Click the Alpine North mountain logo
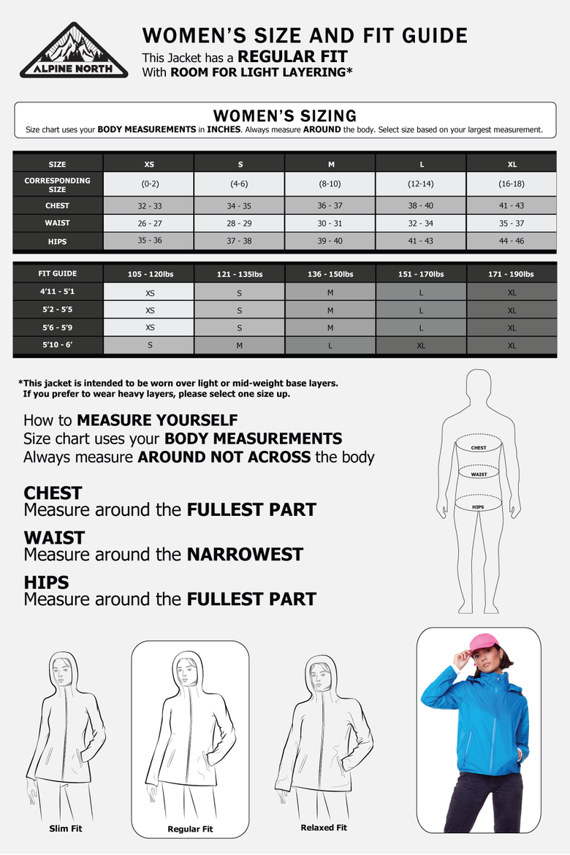74,50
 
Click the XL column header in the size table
512,164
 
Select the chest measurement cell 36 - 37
330,205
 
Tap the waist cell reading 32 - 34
420,223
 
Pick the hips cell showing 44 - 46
512,240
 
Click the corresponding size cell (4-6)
239,183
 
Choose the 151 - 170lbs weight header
421,274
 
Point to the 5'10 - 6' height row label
57,345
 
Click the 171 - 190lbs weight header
512,274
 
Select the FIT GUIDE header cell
58,274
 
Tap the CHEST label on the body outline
479,448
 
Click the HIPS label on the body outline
479,507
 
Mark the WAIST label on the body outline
479,474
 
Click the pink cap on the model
483,643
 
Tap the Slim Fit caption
66,828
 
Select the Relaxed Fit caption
324,827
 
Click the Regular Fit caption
190,829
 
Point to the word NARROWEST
245,555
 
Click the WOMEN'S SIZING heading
285,115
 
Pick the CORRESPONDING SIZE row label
57,185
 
